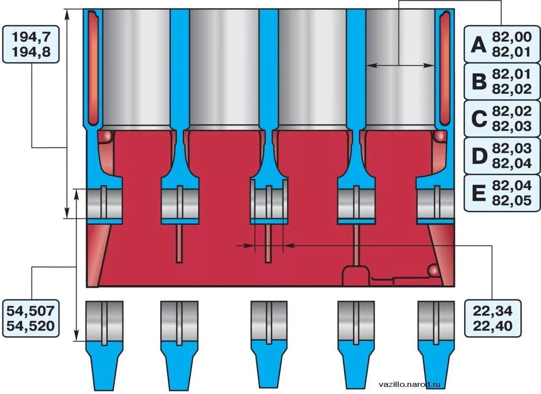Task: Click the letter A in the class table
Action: click(x=478, y=44)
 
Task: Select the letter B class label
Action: click(x=478, y=82)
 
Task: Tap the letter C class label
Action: click(x=478, y=119)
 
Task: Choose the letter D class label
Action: click(x=478, y=156)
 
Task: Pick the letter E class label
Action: click(x=478, y=193)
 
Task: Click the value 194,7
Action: click(x=31, y=37)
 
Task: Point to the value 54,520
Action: click(x=30, y=326)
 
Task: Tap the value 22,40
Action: click(x=492, y=326)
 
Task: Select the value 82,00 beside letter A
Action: click(x=511, y=37)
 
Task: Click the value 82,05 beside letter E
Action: click(x=511, y=200)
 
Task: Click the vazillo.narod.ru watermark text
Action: click(x=410, y=384)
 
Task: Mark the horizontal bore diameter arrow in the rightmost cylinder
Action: click(x=400, y=65)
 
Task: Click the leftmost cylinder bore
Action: click(x=136, y=68)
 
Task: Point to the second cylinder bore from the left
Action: click(x=224, y=68)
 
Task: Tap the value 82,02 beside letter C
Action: click(x=511, y=111)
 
